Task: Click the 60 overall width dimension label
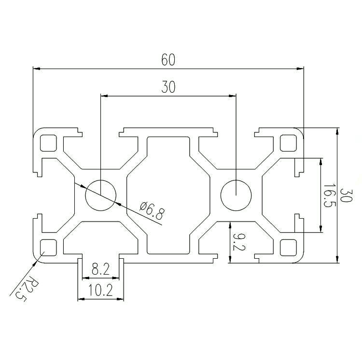[168, 60]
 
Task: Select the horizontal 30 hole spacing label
[168, 87]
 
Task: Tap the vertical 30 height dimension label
[346, 195]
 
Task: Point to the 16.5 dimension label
[329, 195]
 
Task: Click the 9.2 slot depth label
[239, 242]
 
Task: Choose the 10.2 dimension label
[101, 290]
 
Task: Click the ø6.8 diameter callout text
[153, 210]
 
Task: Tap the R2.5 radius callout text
[27, 290]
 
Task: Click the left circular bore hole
[101, 195]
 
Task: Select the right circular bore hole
[236, 195]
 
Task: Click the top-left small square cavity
[48, 143]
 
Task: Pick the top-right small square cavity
[288, 143]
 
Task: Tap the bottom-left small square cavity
[48, 248]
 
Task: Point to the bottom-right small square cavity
[288, 248]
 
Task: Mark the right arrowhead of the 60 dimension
[300, 69]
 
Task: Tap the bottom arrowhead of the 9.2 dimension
[230, 259]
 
